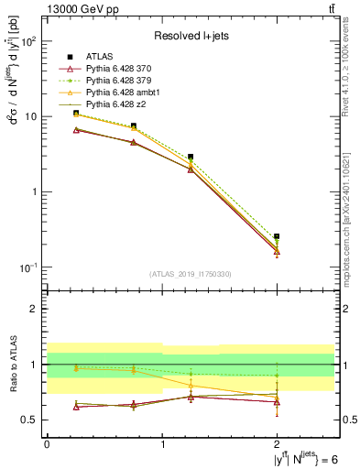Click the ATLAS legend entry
point(100,57)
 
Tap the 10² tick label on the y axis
point(28,42)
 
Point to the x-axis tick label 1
point(162,444)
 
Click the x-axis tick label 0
point(47,444)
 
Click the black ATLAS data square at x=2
point(277,236)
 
